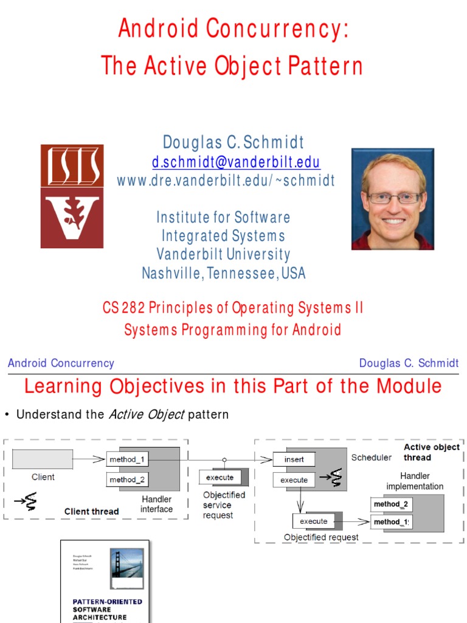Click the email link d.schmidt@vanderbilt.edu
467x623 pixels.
(x=236, y=162)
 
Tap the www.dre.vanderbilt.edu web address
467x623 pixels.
(x=226, y=181)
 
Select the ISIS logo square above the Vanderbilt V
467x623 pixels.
(x=72, y=165)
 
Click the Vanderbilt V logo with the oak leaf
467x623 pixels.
(x=72, y=218)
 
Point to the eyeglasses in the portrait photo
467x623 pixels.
(x=394, y=198)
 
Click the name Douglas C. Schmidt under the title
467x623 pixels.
(x=233, y=142)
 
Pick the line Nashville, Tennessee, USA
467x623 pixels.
(x=224, y=273)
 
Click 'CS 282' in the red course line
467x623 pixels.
(x=119, y=308)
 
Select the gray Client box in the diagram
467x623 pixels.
(x=43, y=459)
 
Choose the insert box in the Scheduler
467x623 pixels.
(x=294, y=459)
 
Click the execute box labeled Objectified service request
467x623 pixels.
(x=220, y=478)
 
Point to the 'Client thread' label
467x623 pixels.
(x=91, y=512)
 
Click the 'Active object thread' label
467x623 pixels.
(x=431, y=452)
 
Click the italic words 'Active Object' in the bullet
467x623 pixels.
(x=146, y=415)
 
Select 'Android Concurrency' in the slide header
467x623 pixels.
(x=61, y=363)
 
